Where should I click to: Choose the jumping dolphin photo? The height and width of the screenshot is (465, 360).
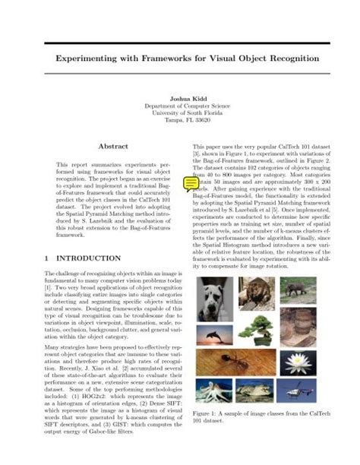coord(215,336)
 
